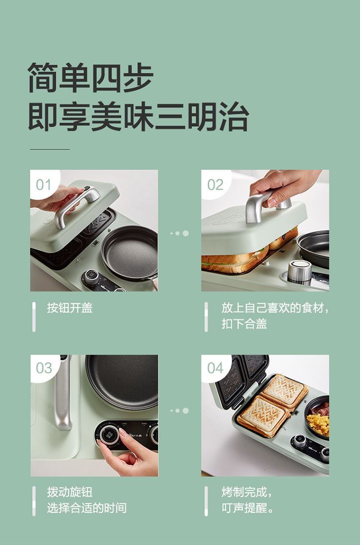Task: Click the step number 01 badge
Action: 43,184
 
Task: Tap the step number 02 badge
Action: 215,184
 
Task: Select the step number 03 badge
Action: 44,368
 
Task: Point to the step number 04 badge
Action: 215,368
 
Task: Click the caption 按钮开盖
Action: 70,308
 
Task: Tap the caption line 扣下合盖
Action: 244,324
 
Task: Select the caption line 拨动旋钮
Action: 70,492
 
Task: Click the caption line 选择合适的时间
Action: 87,508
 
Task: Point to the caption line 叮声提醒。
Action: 248,508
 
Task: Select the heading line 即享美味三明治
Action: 138,116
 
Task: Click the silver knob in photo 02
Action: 300,271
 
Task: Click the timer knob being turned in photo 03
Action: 110,435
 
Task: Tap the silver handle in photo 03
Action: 63,393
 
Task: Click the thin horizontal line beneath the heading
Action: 50,149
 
